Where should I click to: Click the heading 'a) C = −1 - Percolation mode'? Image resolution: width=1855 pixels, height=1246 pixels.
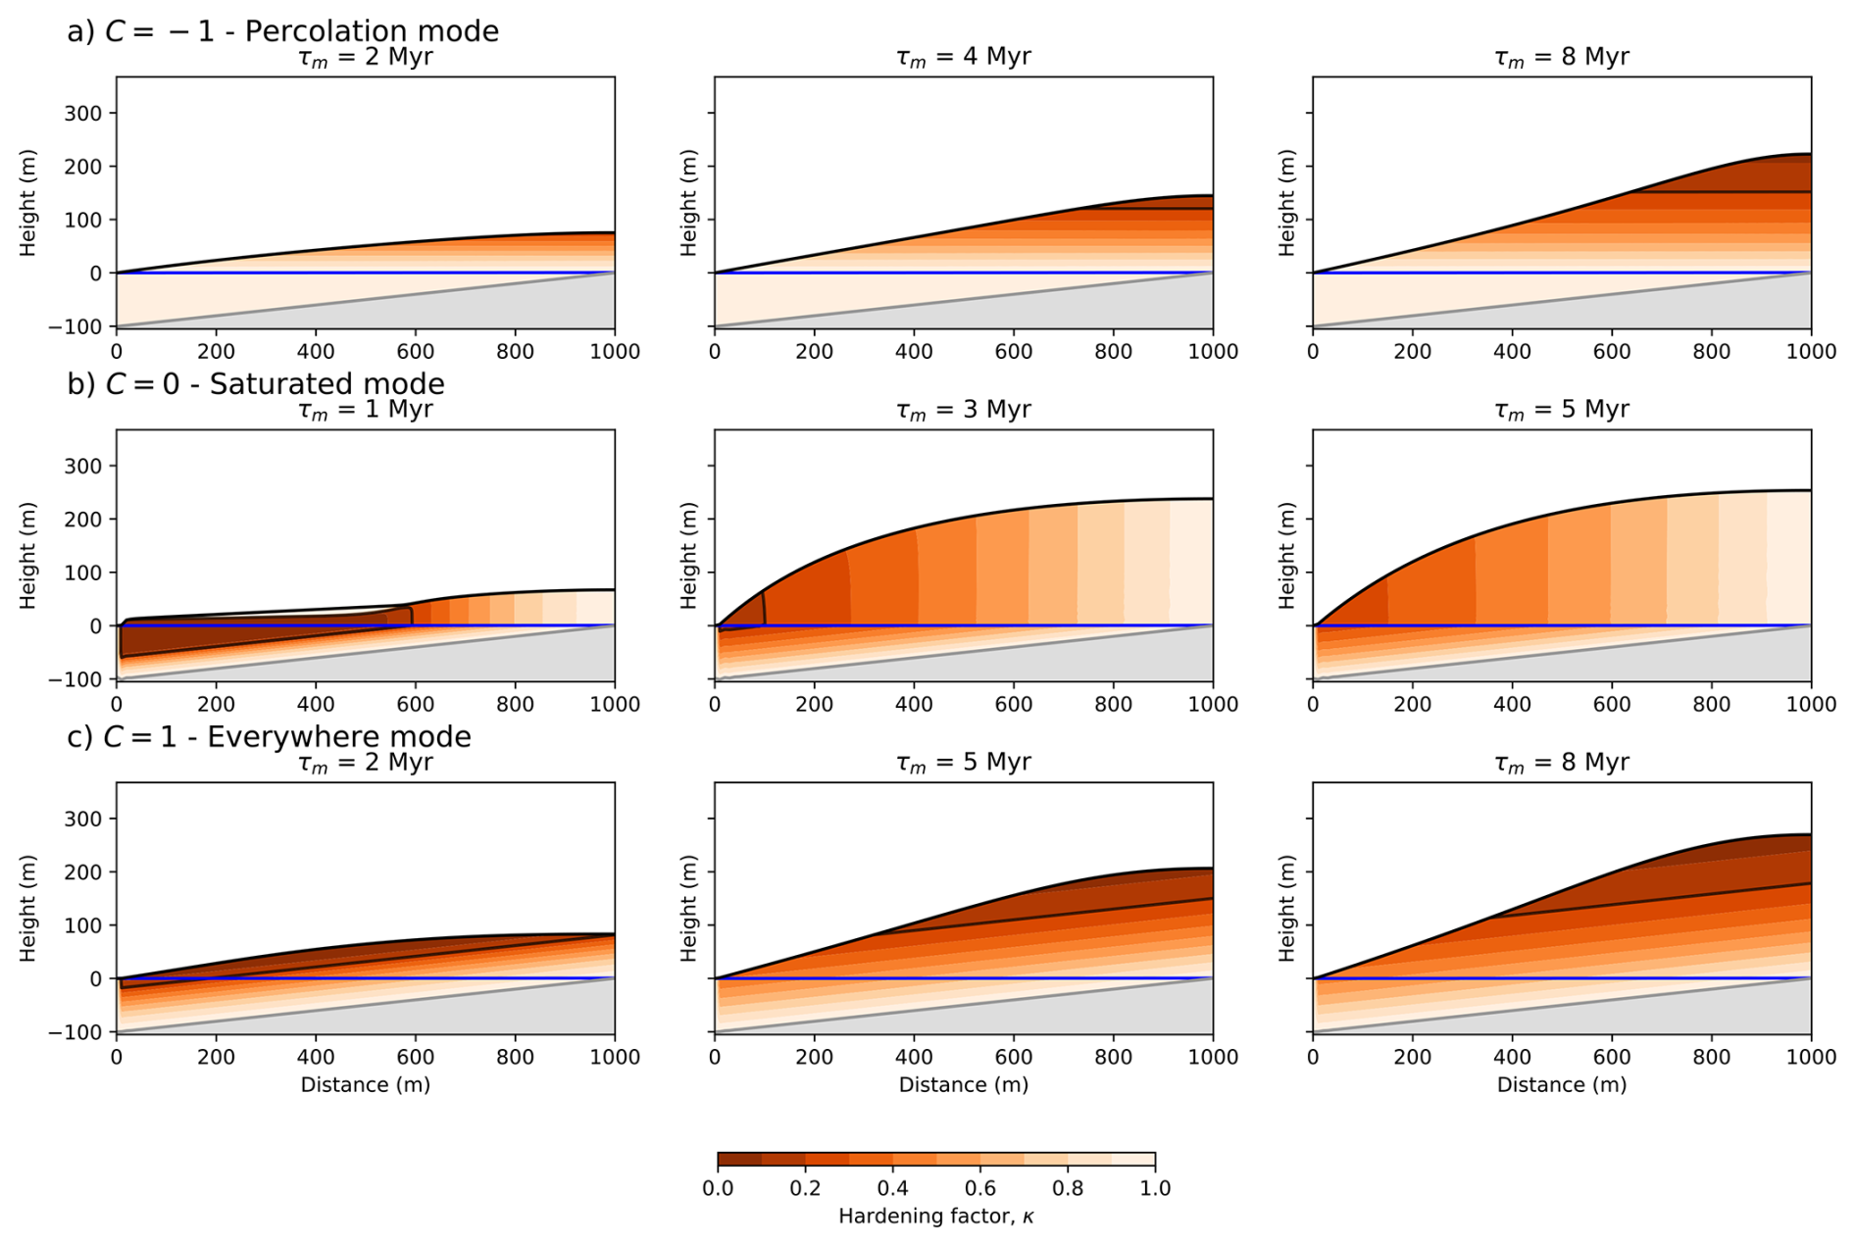point(282,31)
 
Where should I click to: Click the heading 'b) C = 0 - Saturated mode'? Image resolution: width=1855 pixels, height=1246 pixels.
point(255,383)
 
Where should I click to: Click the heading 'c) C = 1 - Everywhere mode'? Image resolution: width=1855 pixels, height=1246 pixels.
point(269,736)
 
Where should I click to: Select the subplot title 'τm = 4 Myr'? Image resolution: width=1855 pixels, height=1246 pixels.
point(963,57)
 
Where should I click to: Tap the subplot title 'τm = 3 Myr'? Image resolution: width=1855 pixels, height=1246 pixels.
point(963,410)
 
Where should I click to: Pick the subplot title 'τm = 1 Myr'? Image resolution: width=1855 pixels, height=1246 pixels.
point(365,410)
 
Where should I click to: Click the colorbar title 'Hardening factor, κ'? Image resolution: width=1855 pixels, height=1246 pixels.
point(935,1217)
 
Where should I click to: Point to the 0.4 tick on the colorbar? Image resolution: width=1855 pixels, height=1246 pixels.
point(892,1188)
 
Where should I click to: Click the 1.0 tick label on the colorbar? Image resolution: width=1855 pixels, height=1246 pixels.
point(1155,1188)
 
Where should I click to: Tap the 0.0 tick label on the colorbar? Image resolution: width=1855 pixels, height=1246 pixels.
point(718,1188)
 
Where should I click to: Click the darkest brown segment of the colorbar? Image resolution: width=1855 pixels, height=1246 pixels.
point(739,1160)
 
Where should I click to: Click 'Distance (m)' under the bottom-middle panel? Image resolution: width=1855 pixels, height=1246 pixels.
point(963,1084)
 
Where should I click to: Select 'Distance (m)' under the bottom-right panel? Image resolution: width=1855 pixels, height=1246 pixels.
point(1561,1084)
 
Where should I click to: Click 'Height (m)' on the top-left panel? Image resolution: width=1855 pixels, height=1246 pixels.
point(27,203)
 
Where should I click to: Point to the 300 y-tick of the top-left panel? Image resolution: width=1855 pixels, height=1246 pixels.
point(83,113)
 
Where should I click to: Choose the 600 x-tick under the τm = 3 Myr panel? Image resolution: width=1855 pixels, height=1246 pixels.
point(1013,704)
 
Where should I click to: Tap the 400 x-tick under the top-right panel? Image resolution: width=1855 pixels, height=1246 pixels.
point(1512,351)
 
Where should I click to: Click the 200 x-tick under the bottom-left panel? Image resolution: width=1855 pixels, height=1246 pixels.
point(216,1057)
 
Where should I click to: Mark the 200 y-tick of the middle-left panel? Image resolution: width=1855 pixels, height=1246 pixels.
point(83,519)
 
